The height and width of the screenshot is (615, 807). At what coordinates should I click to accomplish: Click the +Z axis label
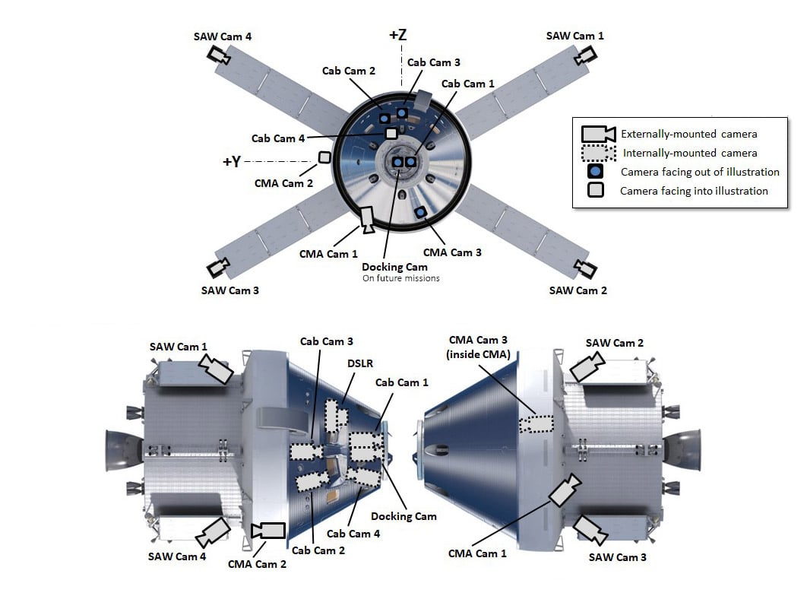(x=398, y=35)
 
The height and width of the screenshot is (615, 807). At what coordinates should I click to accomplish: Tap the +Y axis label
(x=233, y=162)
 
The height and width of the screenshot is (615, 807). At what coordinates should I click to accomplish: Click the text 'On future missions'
(x=400, y=278)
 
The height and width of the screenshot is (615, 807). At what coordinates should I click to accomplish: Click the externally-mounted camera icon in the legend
(x=598, y=134)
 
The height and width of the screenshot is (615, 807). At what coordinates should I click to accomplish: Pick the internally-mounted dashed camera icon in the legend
(x=598, y=153)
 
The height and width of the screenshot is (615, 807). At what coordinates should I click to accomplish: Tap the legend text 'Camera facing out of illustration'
(x=700, y=172)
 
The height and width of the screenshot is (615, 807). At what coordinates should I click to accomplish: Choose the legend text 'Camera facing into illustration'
(x=694, y=191)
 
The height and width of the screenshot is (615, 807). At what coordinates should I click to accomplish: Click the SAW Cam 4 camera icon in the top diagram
(x=220, y=55)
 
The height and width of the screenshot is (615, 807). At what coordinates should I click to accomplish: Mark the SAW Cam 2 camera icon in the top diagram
(x=584, y=268)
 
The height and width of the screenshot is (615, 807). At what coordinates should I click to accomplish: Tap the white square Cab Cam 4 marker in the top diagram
(x=391, y=134)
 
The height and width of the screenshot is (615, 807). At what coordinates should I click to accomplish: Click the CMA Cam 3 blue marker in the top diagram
(x=419, y=212)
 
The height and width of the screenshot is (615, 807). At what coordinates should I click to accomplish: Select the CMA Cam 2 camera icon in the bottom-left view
(x=268, y=530)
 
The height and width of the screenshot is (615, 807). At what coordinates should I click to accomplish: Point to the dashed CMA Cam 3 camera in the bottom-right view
(x=536, y=423)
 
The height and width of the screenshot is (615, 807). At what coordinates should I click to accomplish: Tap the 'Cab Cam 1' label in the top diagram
(x=467, y=84)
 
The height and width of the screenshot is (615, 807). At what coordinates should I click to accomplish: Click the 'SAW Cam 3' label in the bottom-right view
(x=618, y=557)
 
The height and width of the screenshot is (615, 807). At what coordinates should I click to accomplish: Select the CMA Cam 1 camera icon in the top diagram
(x=366, y=219)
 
